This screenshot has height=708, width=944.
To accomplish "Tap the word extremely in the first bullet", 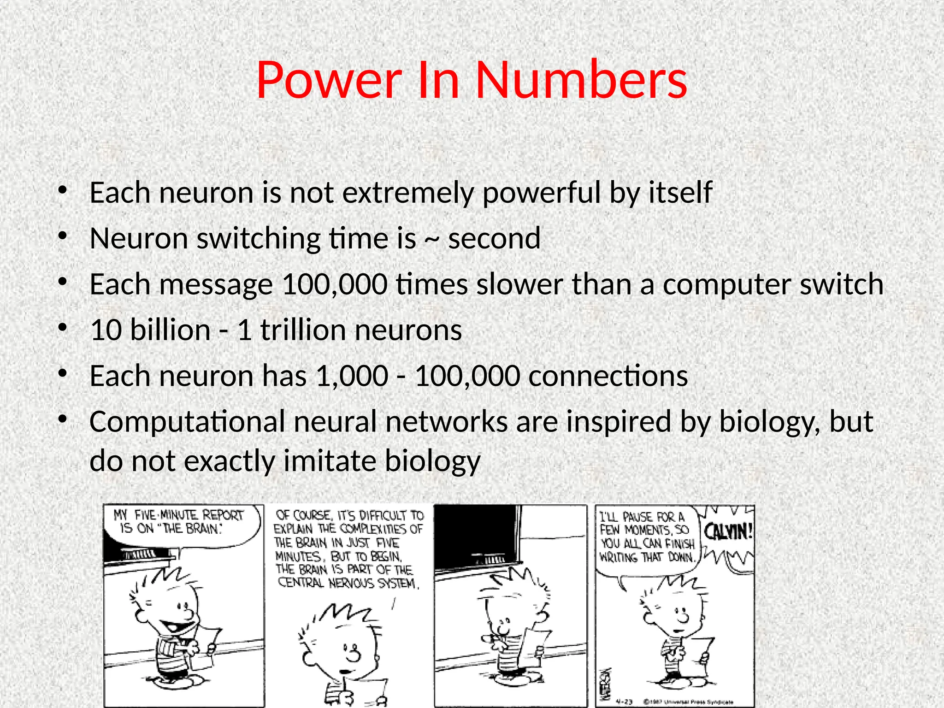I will [408, 193].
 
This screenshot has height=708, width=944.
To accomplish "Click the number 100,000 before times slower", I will [335, 284].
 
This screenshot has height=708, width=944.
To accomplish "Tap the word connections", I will [608, 376].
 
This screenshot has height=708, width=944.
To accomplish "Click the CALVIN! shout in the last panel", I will [728, 532].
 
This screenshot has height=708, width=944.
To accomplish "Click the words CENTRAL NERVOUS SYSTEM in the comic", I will [348, 584].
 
